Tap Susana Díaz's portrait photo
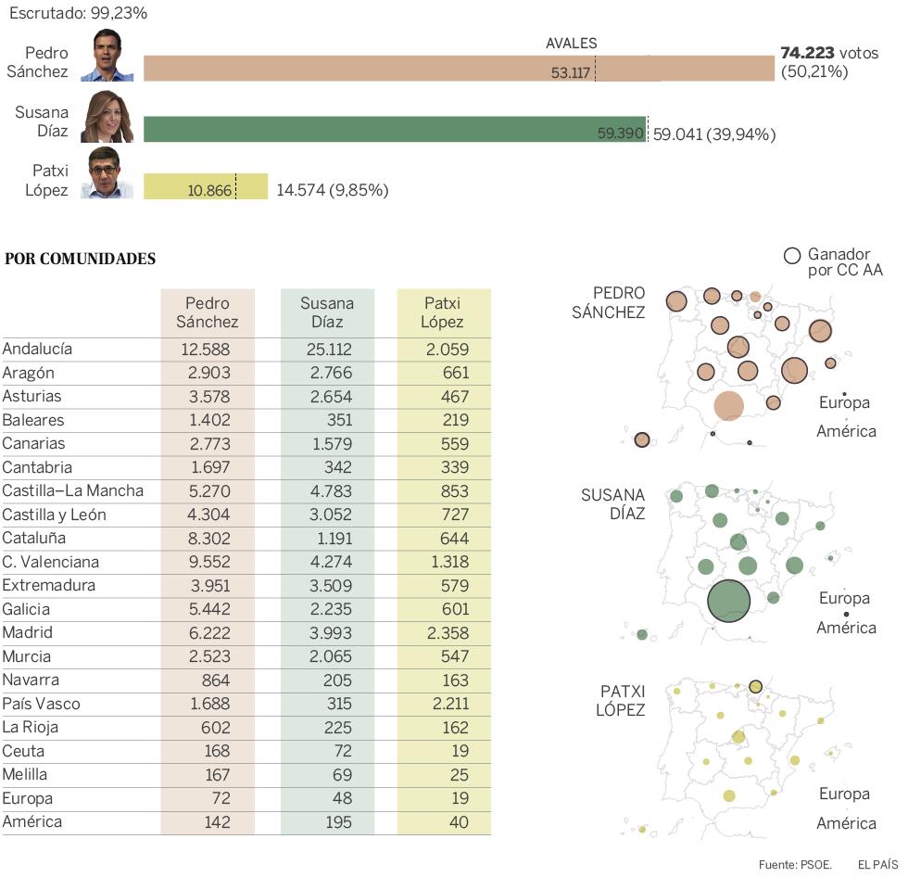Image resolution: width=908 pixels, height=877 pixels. pos(107,117)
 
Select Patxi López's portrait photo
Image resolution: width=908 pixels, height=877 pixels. pos(107,175)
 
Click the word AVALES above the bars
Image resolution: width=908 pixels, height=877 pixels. pos(571,43)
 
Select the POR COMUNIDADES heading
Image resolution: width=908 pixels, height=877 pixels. pos(81,259)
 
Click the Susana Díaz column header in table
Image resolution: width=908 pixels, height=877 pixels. pos(327,312)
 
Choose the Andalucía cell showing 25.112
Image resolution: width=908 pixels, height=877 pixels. pos(327,350)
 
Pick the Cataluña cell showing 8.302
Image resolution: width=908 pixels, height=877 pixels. pos(208,539)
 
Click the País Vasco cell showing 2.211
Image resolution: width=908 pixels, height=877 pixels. pos(445,704)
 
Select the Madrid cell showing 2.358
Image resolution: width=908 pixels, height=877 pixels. pos(445,633)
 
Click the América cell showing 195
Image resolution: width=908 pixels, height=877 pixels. pos(327,822)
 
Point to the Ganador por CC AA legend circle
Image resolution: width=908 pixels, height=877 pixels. pos(792,256)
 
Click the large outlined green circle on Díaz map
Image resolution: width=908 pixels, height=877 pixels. pos(728,600)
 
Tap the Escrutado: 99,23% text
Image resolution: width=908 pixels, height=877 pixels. pos(78,14)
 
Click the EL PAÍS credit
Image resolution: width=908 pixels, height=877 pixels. pos(877,864)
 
